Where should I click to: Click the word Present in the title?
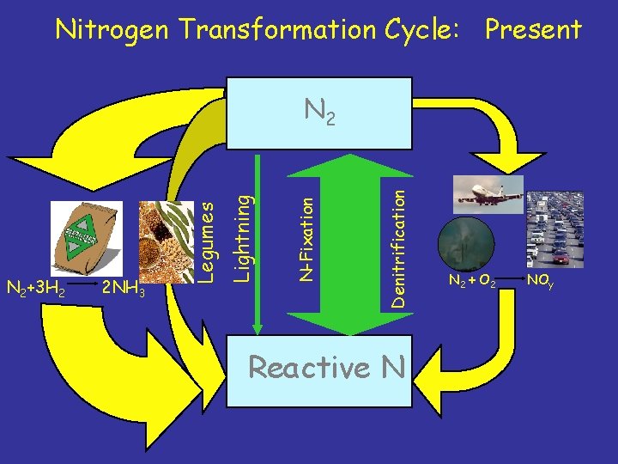(533, 29)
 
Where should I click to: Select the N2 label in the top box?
(318, 112)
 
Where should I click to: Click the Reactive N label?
(326, 368)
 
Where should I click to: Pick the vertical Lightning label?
(243, 237)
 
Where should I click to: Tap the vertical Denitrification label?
(397, 236)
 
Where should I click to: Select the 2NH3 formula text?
(123, 289)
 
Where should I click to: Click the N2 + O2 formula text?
(471, 280)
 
